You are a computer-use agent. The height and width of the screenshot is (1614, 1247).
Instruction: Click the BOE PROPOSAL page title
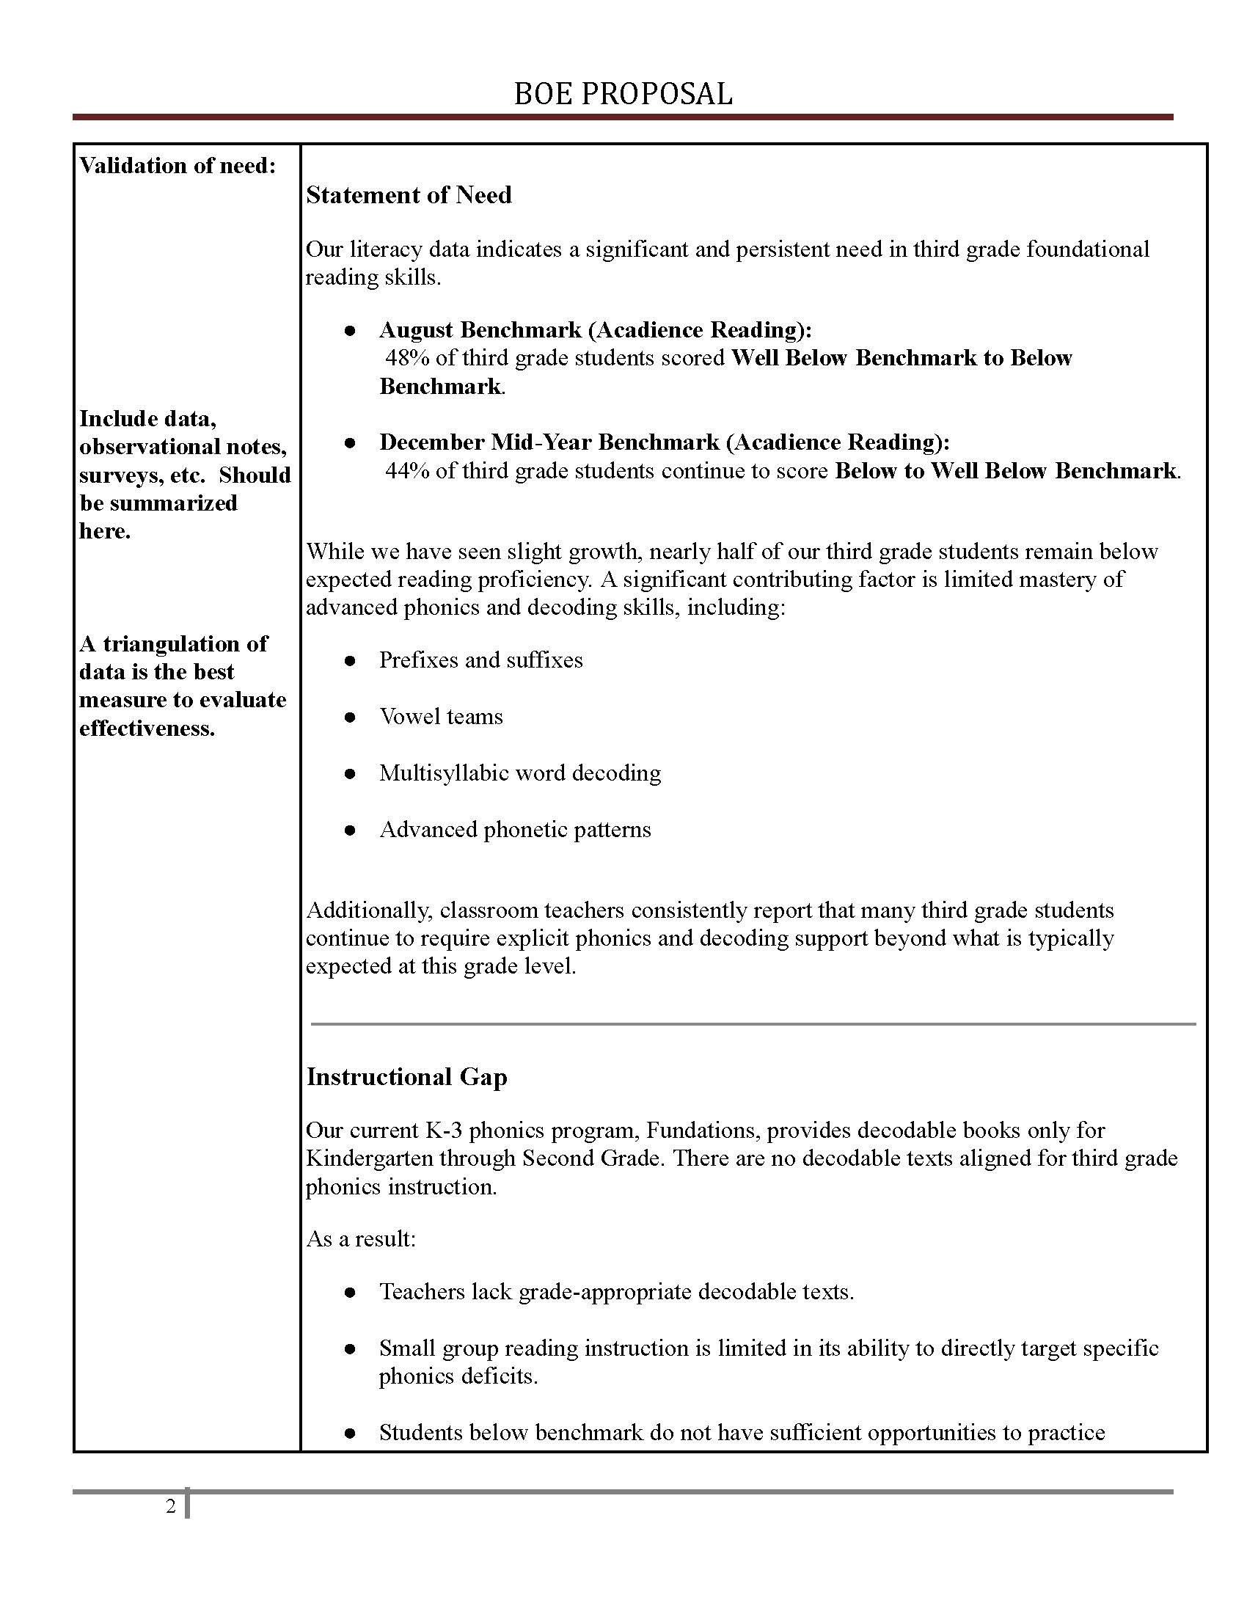[x=623, y=94]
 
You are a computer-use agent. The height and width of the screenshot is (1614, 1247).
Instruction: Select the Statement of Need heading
[x=409, y=195]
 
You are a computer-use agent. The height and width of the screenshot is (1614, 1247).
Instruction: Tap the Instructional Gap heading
[x=406, y=1077]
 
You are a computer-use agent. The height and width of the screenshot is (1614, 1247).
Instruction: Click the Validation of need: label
[x=178, y=166]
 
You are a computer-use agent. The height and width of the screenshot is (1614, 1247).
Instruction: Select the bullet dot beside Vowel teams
[x=350, y=717]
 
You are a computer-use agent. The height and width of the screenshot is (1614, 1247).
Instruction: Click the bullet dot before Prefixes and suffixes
[x=350, y=661]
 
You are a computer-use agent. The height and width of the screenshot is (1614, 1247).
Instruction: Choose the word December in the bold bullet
[x=431, y=442]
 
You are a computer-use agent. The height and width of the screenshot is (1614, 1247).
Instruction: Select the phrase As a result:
[x=361, y=1238]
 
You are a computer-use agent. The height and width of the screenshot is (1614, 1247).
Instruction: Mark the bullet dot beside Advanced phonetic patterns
[x=350, y=830]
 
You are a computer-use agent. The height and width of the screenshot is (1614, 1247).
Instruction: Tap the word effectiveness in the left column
[x=147, y=729]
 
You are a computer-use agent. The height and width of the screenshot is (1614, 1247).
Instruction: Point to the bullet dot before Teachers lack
[x=350, y=1292]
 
